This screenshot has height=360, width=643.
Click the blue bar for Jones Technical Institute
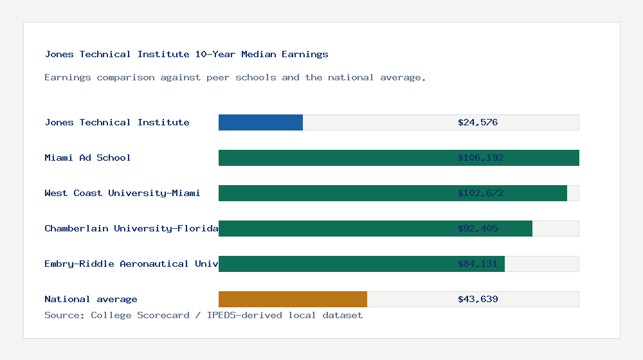point(260,122)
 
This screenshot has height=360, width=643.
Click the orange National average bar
point(293,299)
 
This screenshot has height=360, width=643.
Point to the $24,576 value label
point(478,122)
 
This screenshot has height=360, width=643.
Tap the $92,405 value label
point(478,228)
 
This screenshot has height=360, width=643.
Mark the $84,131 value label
point(478,264)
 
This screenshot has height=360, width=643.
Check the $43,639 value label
point(478,299)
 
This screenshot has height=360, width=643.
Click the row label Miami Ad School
point(87,157)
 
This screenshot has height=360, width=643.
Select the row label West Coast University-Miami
point(122,193)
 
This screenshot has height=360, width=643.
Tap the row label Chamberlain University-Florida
point(131,228)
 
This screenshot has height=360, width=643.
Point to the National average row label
point(91,299)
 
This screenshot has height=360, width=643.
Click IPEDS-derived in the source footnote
point(238,315)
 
